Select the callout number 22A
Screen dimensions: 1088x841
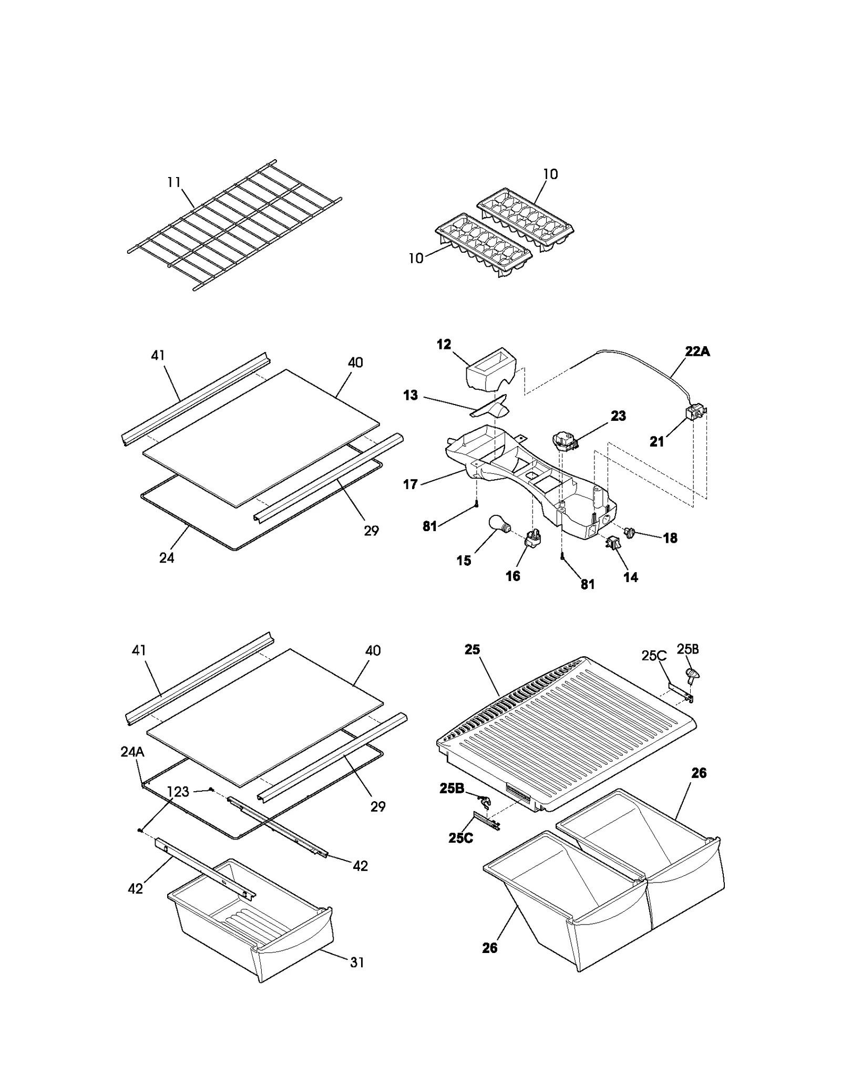(697, 351)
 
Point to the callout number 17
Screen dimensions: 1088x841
(411, 484)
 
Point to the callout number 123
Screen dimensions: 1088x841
(178, 792)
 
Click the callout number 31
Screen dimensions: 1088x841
(357, 962)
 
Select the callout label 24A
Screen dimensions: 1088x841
(132, 752)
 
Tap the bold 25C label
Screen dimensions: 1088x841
(460, 837)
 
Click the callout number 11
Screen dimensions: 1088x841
(174, 182)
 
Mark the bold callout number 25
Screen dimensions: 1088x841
(472, 650)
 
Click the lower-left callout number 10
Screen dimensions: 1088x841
(416, 258)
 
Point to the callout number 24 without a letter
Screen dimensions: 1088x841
(167, 558)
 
